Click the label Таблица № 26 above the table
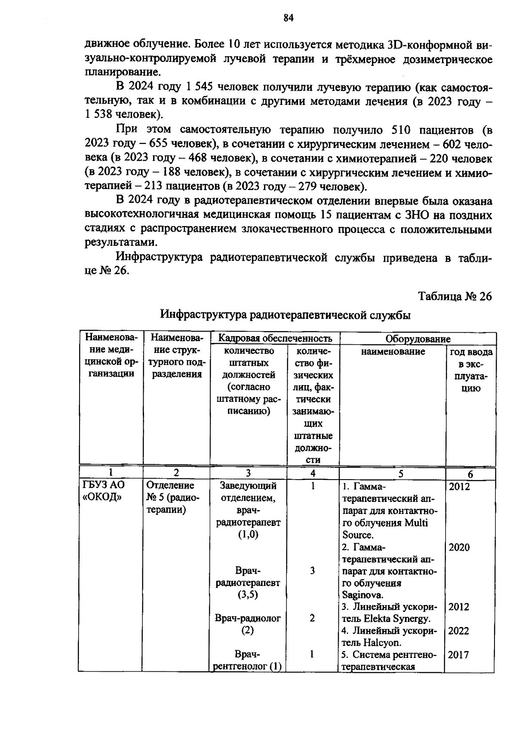[455, 297]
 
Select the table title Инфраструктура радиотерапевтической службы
[286, 315]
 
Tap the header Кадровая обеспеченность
[275, 338]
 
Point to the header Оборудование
[418, 339]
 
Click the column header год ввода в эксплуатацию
[471, 370]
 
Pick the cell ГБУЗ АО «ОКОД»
[103, 491]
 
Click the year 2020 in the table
[459, 547]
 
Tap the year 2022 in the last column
[459, 631]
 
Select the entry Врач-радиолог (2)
[248, 624]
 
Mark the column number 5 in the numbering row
[401, 474]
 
